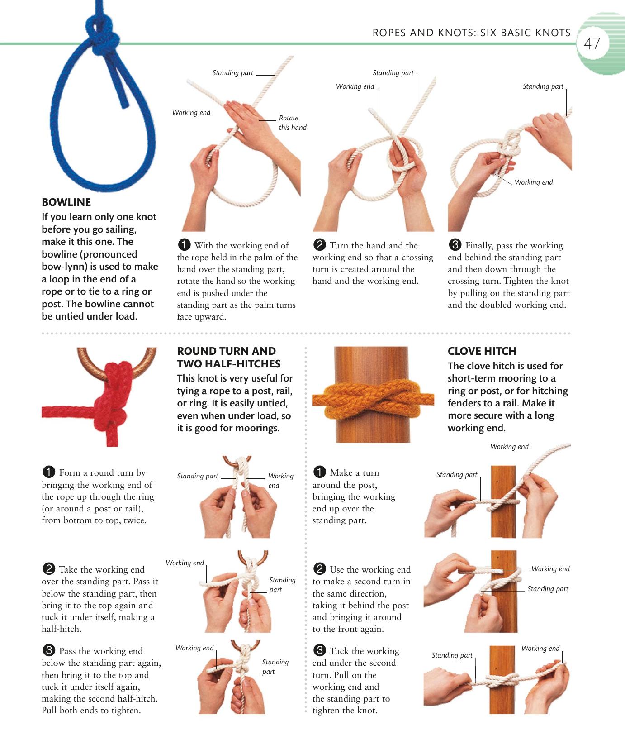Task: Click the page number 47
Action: (592, 44)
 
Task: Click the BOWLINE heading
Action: (66, 202)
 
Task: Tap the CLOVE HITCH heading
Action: (482, 351)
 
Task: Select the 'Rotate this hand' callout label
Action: (292, 123)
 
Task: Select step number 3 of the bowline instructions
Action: (455, 245)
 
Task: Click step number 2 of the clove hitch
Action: (319, 569)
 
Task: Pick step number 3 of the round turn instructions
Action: (48, 651)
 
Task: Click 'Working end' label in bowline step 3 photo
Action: (533, 182)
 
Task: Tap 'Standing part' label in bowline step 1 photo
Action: (233, 73)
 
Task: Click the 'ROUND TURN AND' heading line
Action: (226, 351)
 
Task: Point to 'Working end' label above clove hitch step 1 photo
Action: (509, 447)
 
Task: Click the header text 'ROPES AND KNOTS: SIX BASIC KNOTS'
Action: (471, 33)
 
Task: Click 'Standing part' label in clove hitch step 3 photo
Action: (452, 655)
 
